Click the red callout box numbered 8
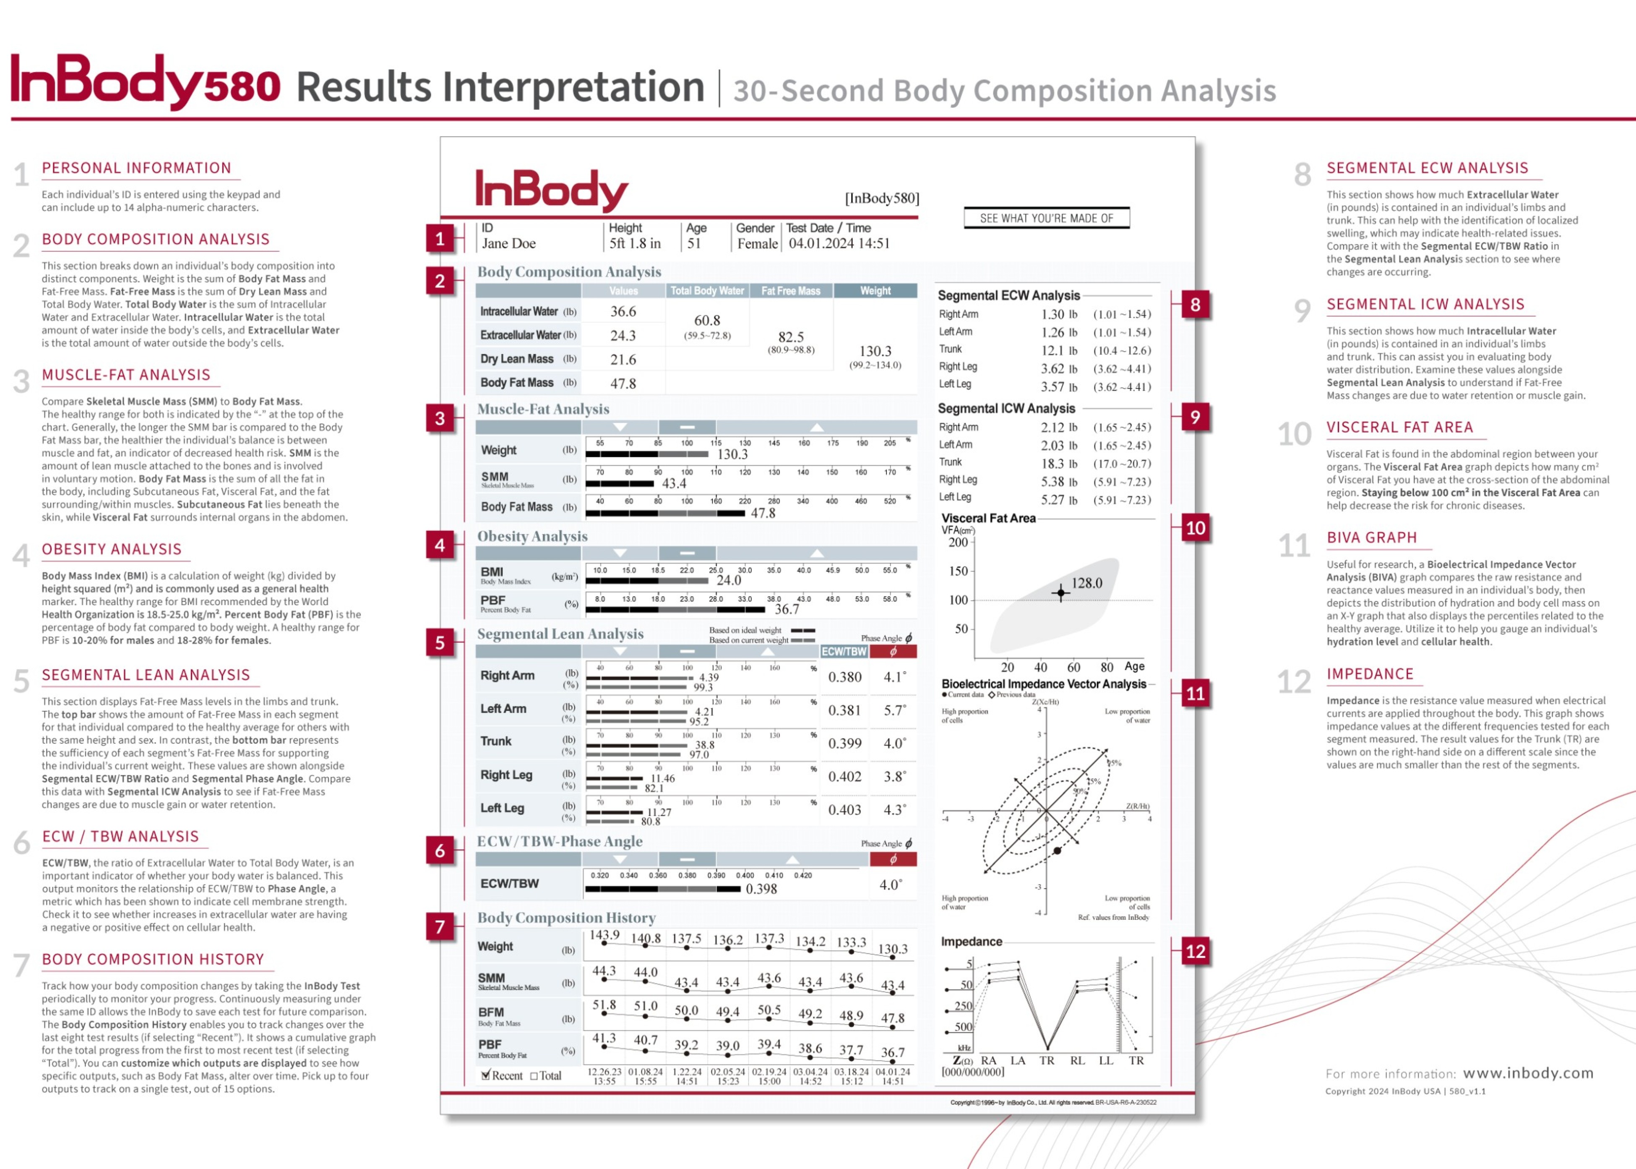click(1195, 305)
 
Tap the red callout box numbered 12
click(1195, 952)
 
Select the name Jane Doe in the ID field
click(509, 243)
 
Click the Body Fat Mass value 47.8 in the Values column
click(623, 384)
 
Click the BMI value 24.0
click(729, 580)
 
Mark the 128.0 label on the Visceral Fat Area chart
click(1086, 583)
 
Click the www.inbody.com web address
click(1528, 1073)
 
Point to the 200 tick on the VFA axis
click(958, 542)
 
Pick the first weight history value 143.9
click(604, 935)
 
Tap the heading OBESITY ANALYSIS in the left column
click(112, 549)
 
